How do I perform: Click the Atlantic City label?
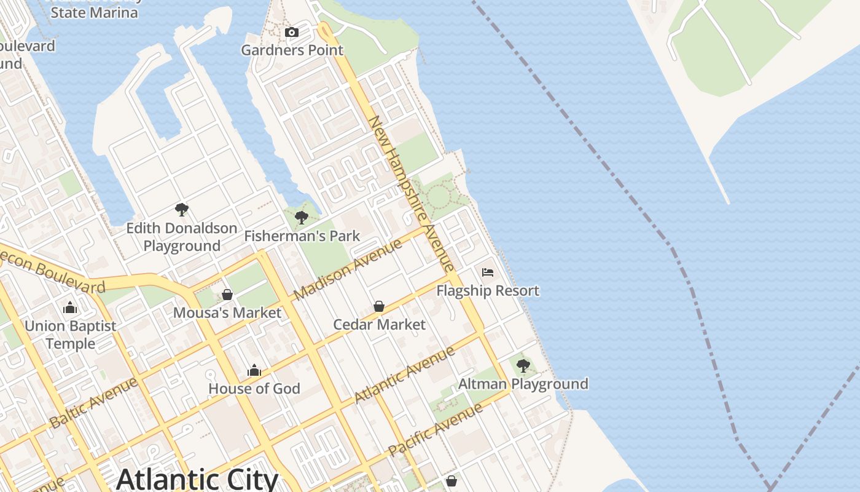click(x=197, y=479)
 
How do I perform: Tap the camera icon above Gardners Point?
click(x=292, y=32)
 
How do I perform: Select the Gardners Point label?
click(x=292, y=50)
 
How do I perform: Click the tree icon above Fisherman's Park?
click(x=301, y=217)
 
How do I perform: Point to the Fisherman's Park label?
click(x=302, y=236)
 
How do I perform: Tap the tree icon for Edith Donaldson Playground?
click(x=181, y=210)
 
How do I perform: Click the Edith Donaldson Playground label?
click(x=182, y=237)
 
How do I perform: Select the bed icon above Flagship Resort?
click(x=488, y=272)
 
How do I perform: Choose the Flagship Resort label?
click(x=488, y=290)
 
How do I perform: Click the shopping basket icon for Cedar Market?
click(x=379, y=306)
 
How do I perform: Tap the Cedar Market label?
click(x=379, y=324)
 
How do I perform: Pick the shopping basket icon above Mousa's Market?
click(x=227, y=295)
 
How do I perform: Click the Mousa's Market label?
click(x=227, y=312)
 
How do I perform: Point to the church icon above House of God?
click(x=254, y=370)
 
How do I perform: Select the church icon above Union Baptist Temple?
click(x=70, y=307)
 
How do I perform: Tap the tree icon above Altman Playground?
click(x=523, y=366)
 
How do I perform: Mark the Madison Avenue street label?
click(x=348, y=269)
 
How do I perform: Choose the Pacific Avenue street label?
click(x=436, y=429)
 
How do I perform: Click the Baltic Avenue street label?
click(x=93, y=403)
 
